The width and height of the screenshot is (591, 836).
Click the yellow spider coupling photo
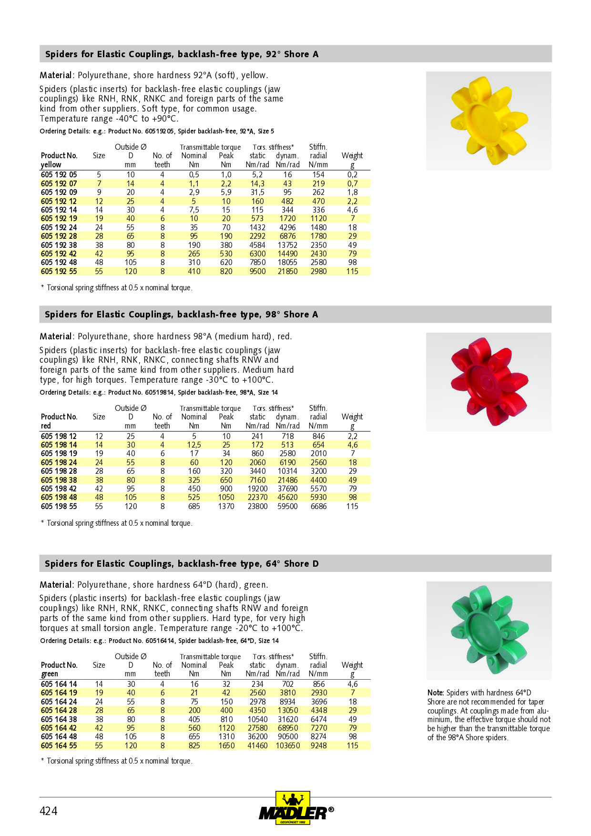[x=488, y=121]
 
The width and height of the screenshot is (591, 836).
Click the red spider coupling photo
[x=488, y=382]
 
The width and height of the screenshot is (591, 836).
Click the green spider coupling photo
[x=489, y=630]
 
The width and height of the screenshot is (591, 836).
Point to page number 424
[x=48, y=811]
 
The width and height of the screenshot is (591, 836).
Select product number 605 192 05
[x=59, y=175]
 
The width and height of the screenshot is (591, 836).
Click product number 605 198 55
[x=59, y=506]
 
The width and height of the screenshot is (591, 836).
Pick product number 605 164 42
[x=59, y=728]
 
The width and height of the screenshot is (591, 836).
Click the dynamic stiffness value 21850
[x=287, y=271]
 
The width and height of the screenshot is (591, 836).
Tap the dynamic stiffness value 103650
[x=287, y=745]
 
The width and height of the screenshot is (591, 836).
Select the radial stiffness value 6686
[x=318, y=506]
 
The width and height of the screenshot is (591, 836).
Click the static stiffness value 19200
[x=257, y=489]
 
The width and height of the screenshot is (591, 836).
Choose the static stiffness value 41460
[x=257, y=745]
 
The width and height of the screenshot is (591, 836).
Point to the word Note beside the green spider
[x=435, y=693]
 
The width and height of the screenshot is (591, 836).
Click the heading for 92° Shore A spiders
[x=182, y=54]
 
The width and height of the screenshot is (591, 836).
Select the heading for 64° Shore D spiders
[x=182, y=563]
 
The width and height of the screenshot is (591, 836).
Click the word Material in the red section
[x=55, y=336]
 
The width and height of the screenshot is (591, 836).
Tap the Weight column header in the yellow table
[x=352, y=156]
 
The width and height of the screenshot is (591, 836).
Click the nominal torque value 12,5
[x=194, y=445]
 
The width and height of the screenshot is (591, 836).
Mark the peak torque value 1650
[x=226, y=745]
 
